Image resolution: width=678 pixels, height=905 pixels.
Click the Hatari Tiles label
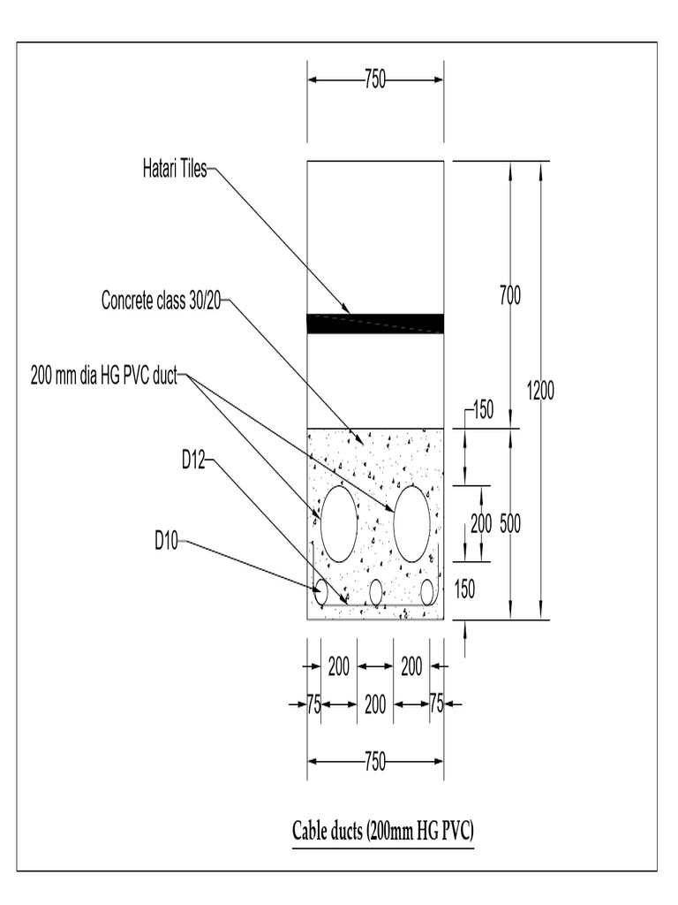(175, 169)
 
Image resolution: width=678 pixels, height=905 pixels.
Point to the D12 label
(193, 460)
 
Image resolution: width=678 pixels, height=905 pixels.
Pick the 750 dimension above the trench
(375, 80)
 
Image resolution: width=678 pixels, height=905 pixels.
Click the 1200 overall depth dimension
(540, 390)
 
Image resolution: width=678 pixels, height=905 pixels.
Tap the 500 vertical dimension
(509, 523)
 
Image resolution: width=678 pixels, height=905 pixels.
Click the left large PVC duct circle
(339, 523)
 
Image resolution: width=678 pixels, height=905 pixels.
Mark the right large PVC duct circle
(411, 523)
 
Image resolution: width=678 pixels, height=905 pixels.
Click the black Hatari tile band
(375, 323)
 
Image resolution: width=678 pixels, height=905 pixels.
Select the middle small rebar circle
(376, 593)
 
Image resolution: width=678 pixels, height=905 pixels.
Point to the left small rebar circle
(321, 590)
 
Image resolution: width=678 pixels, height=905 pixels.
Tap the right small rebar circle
(428, 592)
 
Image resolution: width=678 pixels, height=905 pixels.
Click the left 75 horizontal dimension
(313, 704)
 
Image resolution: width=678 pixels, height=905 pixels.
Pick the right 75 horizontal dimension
(436, 704)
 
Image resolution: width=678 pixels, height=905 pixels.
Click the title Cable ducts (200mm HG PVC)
(383, 832)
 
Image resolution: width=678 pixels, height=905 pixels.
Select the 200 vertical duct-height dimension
(481, 523)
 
